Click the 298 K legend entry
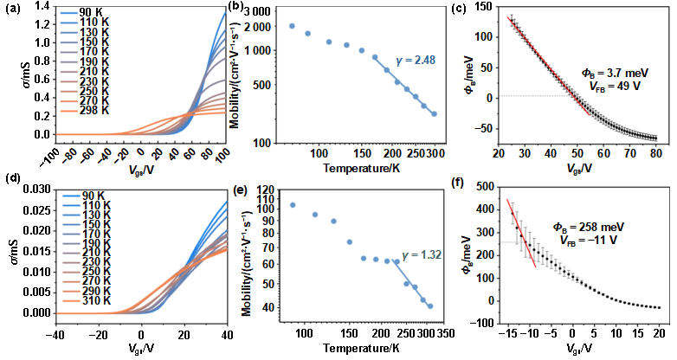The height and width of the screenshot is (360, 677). point(85,110)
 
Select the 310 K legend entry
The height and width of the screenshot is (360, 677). point(85,301)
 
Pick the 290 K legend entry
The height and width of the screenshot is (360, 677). point(85,290)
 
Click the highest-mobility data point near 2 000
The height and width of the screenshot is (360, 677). point(292,27)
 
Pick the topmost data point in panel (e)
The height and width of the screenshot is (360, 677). point(293,205)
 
